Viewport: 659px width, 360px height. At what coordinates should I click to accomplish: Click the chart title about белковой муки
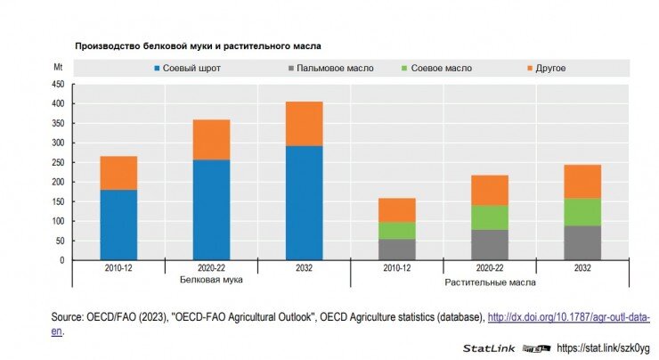[x=197, y=45]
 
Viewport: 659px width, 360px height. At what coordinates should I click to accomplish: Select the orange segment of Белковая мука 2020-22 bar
[x=211, y=139]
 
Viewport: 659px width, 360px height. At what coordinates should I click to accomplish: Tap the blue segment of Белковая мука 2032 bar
[x=304, y=203]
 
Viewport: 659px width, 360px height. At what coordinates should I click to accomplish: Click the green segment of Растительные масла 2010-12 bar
[x=396, y=230]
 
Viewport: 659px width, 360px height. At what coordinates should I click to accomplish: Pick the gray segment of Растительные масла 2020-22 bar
[x=490, y=245]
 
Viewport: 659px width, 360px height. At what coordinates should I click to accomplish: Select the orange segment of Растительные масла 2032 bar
[x=582, y=182]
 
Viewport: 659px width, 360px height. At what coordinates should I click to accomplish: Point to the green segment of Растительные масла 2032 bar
[x=582, y=212]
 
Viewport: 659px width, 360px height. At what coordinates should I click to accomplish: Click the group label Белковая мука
[x=211, y=280]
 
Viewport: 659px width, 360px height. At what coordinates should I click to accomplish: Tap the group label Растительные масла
[x=490, y=282]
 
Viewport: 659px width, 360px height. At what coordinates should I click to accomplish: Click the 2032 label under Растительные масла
[x=582, y=266]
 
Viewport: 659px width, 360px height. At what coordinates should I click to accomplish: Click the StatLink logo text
[x=486, y=348]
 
